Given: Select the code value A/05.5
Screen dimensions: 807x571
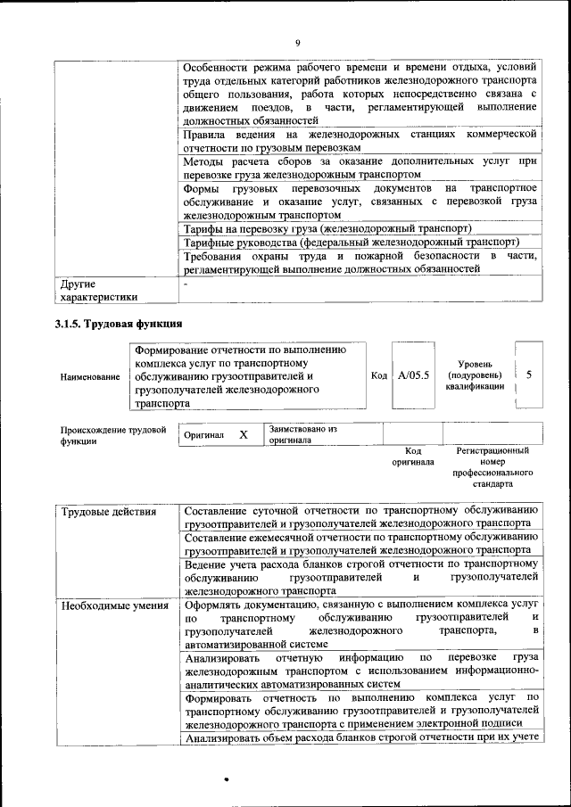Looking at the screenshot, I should [x=414, y=375].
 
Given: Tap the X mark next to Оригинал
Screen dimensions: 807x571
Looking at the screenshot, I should [x=243, y=434].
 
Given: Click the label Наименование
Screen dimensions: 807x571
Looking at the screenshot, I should [x=90, y=377].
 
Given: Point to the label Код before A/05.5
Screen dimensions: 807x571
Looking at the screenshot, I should [x=378, y=375].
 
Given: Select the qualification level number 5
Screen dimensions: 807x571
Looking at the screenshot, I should [x=529, y=375].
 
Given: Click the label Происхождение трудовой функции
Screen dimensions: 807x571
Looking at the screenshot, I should [x=113, y=434].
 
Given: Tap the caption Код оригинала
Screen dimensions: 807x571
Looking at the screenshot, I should [x=412, y=457].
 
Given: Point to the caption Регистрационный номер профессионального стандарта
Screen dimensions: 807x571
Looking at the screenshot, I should [x=492, y=468].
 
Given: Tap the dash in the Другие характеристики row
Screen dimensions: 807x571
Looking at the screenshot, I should [x=186, y=284].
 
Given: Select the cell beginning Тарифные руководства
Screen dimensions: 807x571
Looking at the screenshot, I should [x=351, y=243].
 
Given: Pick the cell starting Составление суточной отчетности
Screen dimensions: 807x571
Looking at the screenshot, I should [x=360, y=517].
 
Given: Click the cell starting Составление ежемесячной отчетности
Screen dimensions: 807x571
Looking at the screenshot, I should [x=360, y=544].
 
